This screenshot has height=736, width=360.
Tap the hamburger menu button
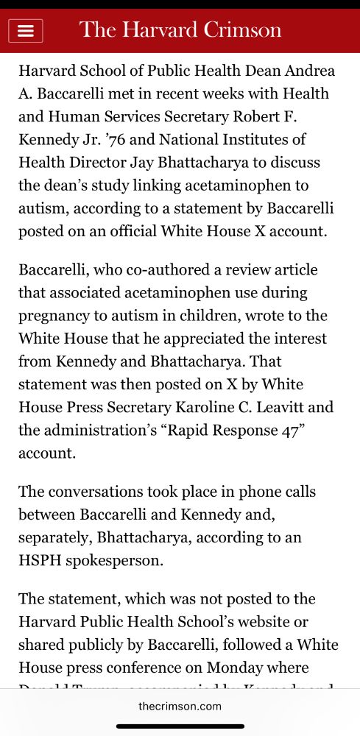[26, 31]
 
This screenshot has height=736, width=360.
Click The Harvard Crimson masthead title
[180, 30]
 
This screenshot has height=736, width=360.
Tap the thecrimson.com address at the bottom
[180, 706]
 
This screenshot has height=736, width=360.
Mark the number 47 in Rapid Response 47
[292, 430]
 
